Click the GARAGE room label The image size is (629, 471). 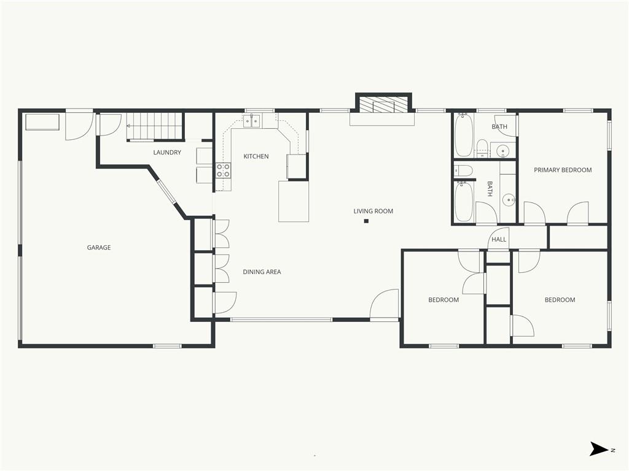99,248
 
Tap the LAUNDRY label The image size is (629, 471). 167,152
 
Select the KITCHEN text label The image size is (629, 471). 256,156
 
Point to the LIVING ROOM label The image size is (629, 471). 373,211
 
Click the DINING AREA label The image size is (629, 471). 262,272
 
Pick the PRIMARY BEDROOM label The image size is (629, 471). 563,170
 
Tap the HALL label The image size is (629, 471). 499,240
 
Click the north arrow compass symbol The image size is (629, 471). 600,448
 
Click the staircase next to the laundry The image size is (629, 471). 155,126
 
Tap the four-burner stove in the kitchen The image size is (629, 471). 224,170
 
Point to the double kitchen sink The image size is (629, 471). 252,121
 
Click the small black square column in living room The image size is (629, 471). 366,221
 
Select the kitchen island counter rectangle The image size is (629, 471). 294,201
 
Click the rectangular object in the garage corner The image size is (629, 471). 42,122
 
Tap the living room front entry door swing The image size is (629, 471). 385,305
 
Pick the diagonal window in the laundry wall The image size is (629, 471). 166,192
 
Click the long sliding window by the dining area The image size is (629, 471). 281,320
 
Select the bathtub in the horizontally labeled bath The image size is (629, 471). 464,134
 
